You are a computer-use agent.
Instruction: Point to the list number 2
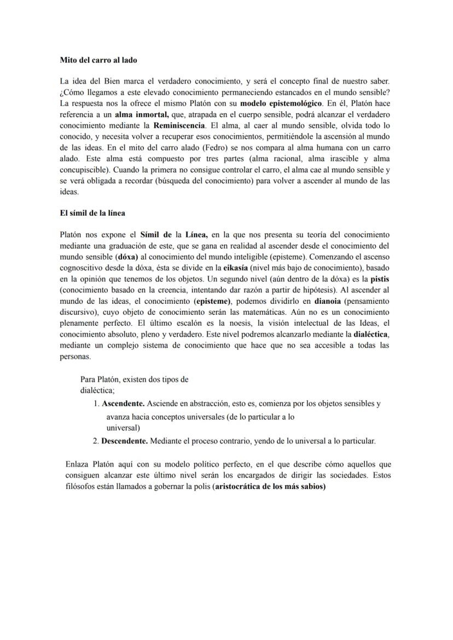click(x=95, y=440)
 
